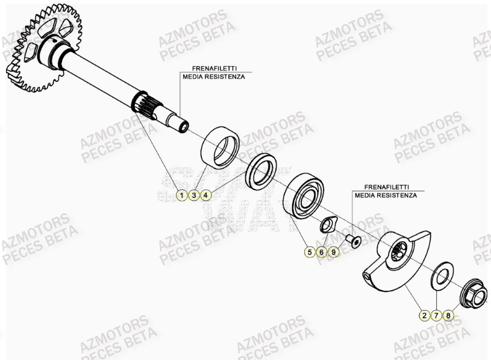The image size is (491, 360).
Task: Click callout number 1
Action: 181,195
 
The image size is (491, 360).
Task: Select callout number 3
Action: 193,195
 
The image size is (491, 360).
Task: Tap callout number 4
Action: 206,195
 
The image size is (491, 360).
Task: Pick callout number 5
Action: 310,252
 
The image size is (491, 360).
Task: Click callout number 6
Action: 322,252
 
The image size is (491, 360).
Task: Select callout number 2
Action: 424,315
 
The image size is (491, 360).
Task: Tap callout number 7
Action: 436,315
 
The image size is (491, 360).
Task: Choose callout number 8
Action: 448,315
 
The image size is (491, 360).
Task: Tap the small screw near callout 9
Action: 353,241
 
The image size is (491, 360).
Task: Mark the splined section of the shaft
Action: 143,106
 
